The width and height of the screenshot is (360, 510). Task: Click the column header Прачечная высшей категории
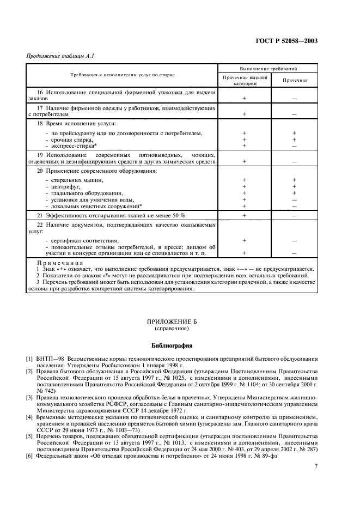point(245,81)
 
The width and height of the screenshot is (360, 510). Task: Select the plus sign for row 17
point(244,114)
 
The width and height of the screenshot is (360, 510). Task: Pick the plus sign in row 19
point(244,161)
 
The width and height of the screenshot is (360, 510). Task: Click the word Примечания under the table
point(54,263)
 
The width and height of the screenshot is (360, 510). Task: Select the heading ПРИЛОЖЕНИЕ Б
point(180,322)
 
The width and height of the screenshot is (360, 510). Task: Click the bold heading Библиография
point(180,345)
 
